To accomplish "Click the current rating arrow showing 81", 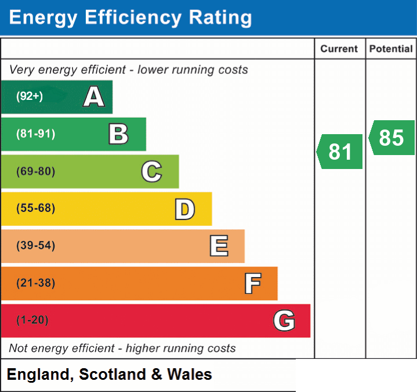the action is (x=340, y=152).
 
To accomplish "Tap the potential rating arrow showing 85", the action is (x=391, y=138).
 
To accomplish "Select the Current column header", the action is (x=339, y=49).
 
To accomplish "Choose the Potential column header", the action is (x=391, y=49).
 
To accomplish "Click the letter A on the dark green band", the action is (x=94, y=96).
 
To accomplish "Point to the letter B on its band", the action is (x=119, y=134).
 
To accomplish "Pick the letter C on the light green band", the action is (x=151, y=171).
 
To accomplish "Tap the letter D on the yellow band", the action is (x=185, y=209).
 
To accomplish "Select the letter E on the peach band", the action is (x=219, y=246).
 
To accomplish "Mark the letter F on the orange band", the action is (x=253, y=283).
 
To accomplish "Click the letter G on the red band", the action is (x=284, y=321).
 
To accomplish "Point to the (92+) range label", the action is (x=30, y=96).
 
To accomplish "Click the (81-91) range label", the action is (x=36, y=134).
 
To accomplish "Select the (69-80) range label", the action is (x=36, y=171).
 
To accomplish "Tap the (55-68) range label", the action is (x=36, y=208).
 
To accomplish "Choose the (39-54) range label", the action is (x=36, y=245).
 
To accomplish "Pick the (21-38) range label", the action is (x=36, y=283).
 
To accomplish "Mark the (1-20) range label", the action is (x=32, y=320).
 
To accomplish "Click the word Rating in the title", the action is (x=220, y=17).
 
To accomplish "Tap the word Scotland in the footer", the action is (x=113, y=374).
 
